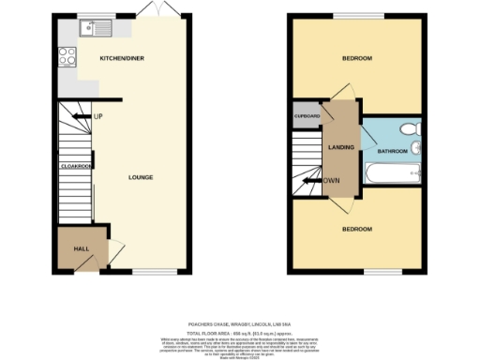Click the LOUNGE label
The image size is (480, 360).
[141, 176]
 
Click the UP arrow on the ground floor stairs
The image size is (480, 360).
[95, 116]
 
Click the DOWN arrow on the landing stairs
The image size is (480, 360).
[330, 181]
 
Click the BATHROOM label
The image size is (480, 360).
[392, 150]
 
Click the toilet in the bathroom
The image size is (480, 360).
[407, 129]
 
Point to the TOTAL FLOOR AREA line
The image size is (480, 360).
[239, 331]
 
